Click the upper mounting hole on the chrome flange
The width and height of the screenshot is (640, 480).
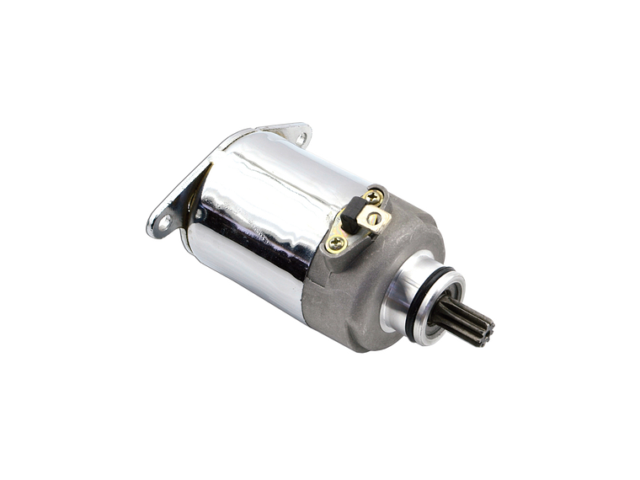300,136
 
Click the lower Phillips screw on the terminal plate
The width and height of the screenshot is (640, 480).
336,244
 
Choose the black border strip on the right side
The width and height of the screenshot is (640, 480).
600,240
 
